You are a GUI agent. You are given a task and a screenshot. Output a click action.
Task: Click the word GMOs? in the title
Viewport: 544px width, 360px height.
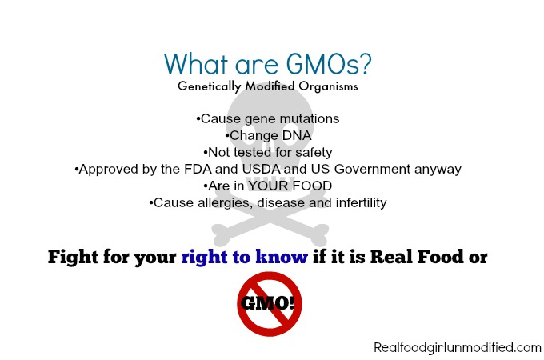coord(329,64)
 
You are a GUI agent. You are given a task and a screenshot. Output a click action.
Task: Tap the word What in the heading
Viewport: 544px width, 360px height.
coord(196,63)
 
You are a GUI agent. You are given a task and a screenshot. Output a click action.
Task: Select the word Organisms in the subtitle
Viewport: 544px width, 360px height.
coord(328,86)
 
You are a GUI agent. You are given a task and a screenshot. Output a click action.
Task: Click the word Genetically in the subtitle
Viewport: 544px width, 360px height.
coord(210,86)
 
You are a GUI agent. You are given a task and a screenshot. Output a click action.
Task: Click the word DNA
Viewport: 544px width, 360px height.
coord(297,135)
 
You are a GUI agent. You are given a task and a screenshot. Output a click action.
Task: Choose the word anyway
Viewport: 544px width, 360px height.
coord(438,170)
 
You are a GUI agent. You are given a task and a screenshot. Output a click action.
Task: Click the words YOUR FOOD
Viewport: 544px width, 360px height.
coord(290,186)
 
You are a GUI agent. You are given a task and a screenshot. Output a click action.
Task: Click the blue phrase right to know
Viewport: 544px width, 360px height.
coord(245,257)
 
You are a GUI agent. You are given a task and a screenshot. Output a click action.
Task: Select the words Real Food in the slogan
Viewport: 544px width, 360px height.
coord(417,257)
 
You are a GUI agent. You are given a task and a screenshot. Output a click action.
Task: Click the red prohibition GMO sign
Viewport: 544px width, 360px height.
coord(270,304)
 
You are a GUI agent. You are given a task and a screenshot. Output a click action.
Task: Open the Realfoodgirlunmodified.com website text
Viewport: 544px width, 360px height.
coord(458,347)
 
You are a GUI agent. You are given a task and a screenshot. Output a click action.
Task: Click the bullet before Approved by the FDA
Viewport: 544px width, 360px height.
coord(77,170)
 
